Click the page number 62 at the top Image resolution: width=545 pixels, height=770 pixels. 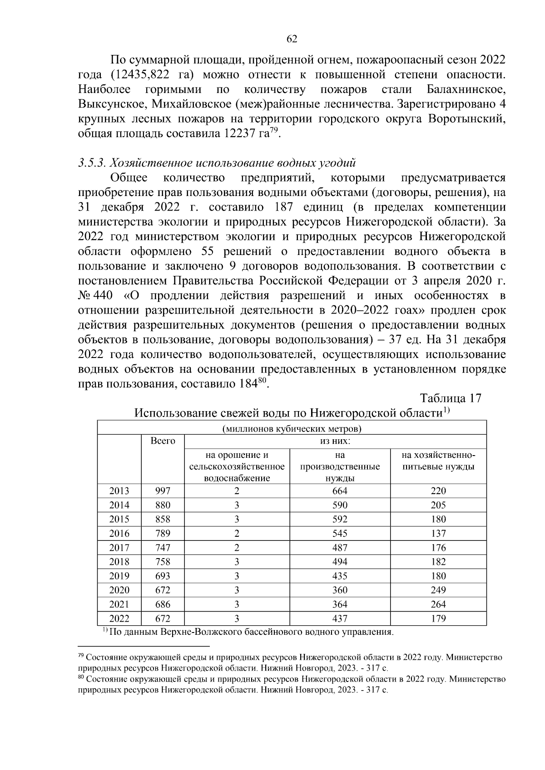(x=292, y=39)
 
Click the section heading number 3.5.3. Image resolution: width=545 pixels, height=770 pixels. (x=92, y=162)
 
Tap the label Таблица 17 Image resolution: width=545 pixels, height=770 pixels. (x=450, y=398)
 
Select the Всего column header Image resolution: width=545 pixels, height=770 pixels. (x=163, y=441)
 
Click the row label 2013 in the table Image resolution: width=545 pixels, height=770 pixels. (x=119, y=491)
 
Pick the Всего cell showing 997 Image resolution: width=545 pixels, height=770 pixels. (x=163, y=491)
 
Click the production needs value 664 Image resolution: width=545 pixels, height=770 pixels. (x=340, y=491)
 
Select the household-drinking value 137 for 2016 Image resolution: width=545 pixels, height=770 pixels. (x=438, y=534)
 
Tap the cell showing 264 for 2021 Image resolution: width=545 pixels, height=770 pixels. (x=438, y=604)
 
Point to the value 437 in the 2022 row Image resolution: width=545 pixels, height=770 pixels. (x=340, y=618)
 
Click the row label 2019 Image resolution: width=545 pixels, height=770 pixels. (x=119, y=576)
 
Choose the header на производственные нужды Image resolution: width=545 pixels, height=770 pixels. (x=340, y=466)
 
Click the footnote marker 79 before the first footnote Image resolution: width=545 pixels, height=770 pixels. (x=81, y=656)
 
